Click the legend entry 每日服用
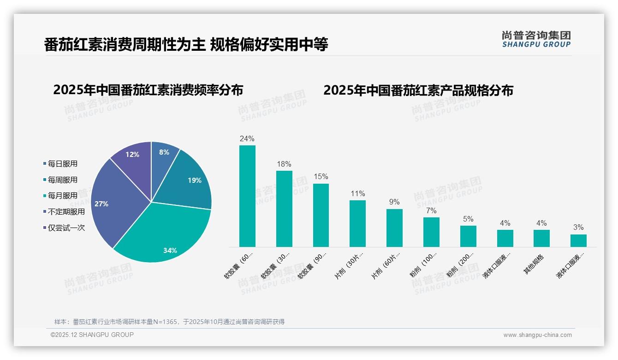tap(62, 163)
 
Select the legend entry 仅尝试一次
tap(66, 228)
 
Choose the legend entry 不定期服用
tap(66, 211)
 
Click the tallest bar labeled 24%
tap(247, 196)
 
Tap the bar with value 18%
tap(284, 209)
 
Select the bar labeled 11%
tap(357, 223)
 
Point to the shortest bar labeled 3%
tap(578, 240)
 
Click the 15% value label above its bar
tap(321, 176)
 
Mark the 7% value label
tap(431, 210)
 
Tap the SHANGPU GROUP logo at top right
tap(536, 39)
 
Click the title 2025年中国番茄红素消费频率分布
tap(148, 90)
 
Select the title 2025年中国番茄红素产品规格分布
tap(418, 90)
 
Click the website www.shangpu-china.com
tap(537, 335)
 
